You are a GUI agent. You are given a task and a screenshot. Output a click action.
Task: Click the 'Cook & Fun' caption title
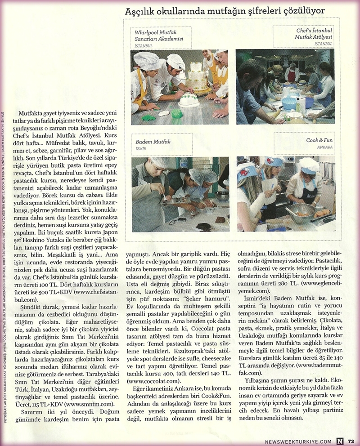pos(319,140)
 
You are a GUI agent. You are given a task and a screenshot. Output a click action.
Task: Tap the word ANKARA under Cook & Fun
pos(324,147)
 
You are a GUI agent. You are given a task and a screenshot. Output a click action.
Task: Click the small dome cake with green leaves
pos(189,100)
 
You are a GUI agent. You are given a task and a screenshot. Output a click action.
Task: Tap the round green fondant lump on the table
pos(177,113)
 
